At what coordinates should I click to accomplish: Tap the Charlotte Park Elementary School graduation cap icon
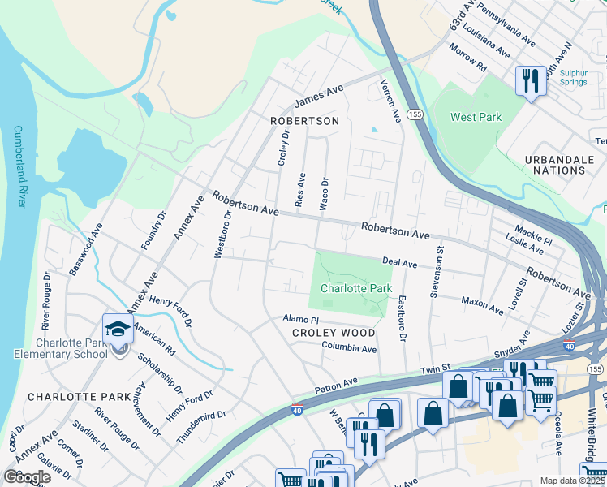tap(118, 330)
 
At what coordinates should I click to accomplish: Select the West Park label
tap(476, 117)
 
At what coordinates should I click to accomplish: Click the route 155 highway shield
tap(415, 115)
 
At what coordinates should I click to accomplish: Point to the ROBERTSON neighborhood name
tap(304, 121)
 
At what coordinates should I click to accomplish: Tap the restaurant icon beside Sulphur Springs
tap(531, 80)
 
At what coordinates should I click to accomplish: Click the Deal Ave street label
tap(399, 263)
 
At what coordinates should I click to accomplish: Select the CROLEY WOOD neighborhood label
tap(334, 333)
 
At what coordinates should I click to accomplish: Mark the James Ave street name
tap(319, 98)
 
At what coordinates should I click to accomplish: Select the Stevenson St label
tap(436, 272)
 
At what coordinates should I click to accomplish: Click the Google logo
tap(27, 476)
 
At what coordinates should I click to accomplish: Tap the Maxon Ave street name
tap(483, 305)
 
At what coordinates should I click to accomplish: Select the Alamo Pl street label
tap(300, 320)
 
